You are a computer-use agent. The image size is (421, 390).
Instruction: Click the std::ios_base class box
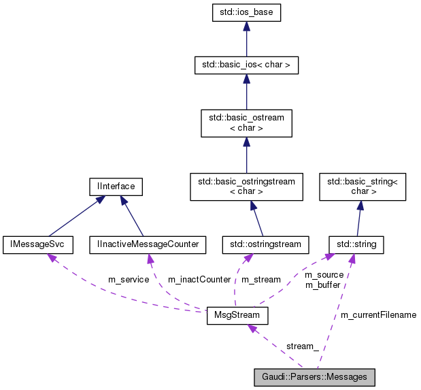coord(246,12)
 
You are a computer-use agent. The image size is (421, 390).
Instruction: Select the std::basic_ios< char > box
coord(246,65)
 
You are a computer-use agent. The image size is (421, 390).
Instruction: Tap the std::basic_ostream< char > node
coord(246,123)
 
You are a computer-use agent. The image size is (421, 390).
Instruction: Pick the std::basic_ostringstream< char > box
coord(246,186)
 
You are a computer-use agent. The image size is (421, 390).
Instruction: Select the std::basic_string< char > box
coord(363,186)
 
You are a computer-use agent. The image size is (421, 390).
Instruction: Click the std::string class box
coord(356,243)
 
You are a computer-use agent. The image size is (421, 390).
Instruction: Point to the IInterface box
coord(112,185)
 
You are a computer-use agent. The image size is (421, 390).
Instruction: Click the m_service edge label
coord(129,280)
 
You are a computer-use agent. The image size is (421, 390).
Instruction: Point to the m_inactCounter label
coord(199,280)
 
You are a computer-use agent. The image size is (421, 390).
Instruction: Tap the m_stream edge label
coord(261,280)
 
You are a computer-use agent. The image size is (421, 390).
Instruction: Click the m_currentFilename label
coord(378,315)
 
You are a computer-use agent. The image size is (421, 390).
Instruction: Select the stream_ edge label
coord(302,346)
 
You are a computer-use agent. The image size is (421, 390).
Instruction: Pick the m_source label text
coord(324,275)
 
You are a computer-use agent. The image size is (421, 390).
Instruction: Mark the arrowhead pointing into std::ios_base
coord(246,25)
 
